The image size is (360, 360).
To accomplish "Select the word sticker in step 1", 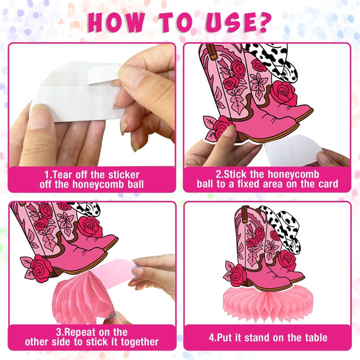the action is pos(124,175).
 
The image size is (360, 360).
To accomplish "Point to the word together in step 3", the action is pos(139,342).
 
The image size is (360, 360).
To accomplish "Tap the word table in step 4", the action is pos(316,337).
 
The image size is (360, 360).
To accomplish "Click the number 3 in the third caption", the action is pos(59,332).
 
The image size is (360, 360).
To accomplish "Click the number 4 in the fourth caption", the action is pos(211,338).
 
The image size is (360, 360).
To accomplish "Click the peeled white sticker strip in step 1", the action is pos(105,74).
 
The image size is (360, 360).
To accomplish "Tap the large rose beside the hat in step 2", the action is pos(284,94).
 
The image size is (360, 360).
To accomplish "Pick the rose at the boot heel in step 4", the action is pos(238,275).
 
